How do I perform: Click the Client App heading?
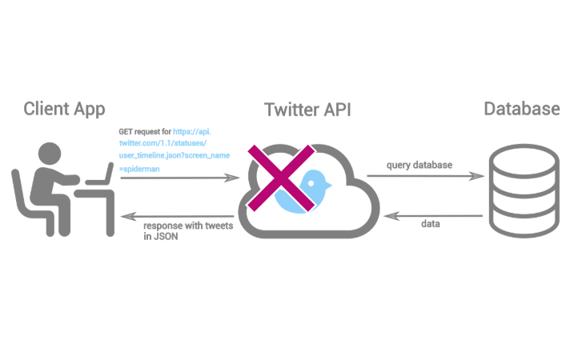tap(64, 108)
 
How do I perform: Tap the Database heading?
tap(521, 108)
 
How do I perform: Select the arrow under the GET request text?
tap(177, 178)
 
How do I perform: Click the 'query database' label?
tap(419, 165)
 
